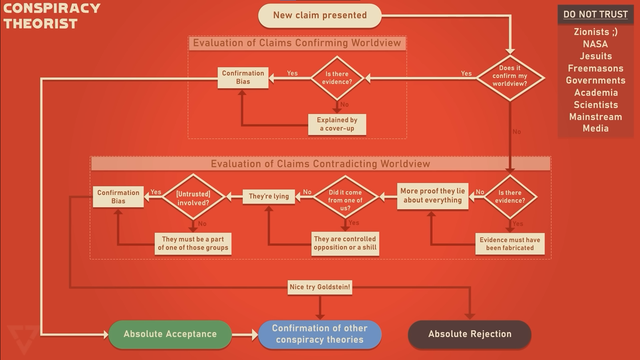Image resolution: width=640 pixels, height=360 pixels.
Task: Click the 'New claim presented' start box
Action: tap(320, 15)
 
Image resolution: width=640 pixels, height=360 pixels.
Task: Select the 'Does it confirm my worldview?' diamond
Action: tap(510, 76)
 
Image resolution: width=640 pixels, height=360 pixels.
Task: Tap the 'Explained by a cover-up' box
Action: tap(337, 124)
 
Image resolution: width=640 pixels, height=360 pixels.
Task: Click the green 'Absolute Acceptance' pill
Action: tap(170, 334)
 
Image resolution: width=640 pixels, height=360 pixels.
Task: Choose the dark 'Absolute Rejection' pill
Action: tap(469, 334)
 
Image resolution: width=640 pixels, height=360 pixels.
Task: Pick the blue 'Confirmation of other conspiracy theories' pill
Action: tap(320, 334)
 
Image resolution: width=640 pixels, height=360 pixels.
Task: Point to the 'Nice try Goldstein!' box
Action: tap(320, 287)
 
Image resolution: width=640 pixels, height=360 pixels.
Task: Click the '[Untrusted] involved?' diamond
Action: tap(193, 198)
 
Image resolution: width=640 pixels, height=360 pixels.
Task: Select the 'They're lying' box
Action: tap(269, 196)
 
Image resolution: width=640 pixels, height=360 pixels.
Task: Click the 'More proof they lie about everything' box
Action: tap(433, 196)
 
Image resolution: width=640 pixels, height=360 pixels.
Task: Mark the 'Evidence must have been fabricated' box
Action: tap(510, 244)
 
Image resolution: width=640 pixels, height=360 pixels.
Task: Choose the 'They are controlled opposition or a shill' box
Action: tap(345, 243)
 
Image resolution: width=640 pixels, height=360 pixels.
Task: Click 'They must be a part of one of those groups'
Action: tap(193, 244)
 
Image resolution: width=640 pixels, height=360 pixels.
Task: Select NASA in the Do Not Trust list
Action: tap(595, 44)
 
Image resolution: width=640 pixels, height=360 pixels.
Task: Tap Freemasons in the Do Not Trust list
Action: tap(595, 68)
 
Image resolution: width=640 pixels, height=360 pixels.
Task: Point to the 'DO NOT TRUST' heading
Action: tap(595, 14)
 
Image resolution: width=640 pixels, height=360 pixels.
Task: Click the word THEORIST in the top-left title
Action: tap(41, 24)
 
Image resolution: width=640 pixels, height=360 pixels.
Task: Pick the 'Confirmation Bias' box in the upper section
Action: tap(243, 78)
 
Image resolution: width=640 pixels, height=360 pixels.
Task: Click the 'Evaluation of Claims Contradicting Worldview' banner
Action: tap(320, 164)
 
